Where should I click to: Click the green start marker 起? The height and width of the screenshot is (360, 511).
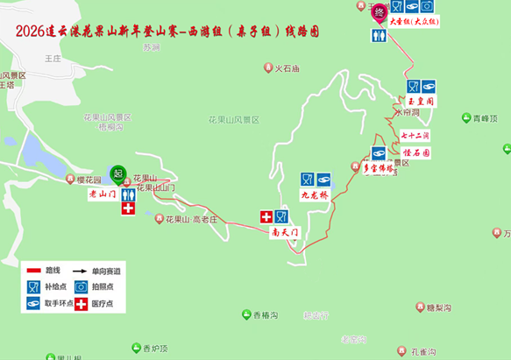click(118, 172)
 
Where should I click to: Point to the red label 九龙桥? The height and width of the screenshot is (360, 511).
click(315, 194)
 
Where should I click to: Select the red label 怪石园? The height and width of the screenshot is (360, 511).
click(415, 152)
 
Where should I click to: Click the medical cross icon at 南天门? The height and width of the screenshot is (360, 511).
click(266, 216)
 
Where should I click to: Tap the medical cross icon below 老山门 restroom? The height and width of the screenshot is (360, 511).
click(128, 209)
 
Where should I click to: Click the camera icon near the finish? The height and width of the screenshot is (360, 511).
click(426, 7)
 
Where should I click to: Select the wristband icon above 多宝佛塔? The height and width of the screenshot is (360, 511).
click(379, 152)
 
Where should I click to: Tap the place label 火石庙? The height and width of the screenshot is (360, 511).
click(287, 67)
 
